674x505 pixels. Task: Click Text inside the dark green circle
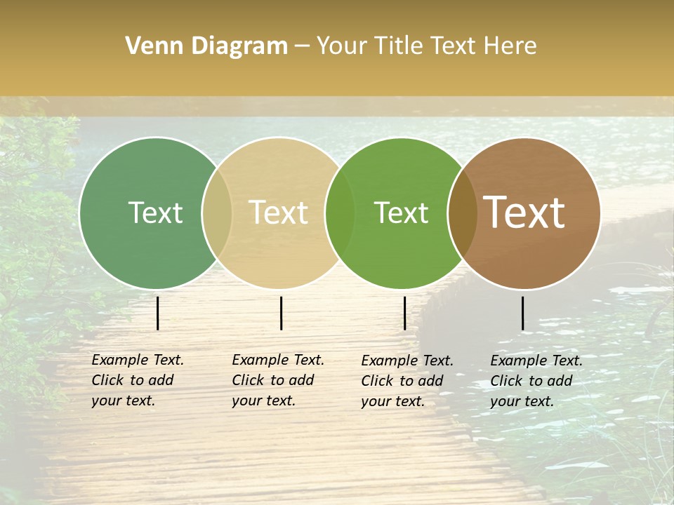point(155,213)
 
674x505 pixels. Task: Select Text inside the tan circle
point(279,213)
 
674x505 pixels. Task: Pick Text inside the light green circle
point(401,213)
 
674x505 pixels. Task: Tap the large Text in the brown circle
point(524,213)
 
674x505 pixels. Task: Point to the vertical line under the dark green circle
point(158,313)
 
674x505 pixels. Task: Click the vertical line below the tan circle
point(281,313)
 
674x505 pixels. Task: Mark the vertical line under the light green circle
point(404,313)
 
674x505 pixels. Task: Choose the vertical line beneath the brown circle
point(522,313)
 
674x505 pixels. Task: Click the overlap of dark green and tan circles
point(217,213)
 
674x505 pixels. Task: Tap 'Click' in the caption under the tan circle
point(247,380)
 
